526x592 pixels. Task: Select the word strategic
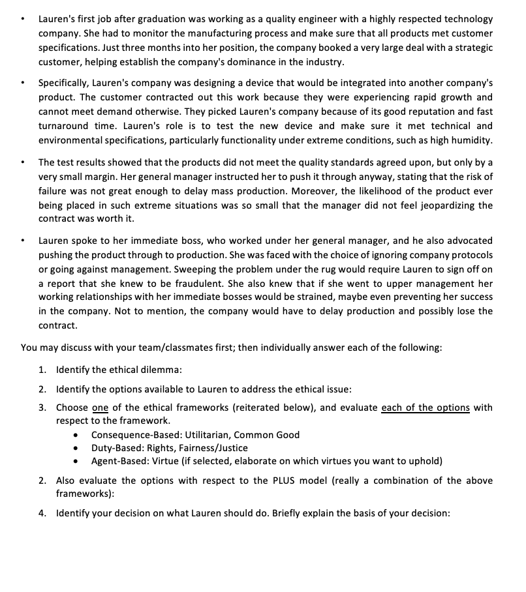(x=471, y=48)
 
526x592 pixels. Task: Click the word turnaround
(x=65, y=126)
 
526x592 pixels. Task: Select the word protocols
(x=471, y=254)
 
